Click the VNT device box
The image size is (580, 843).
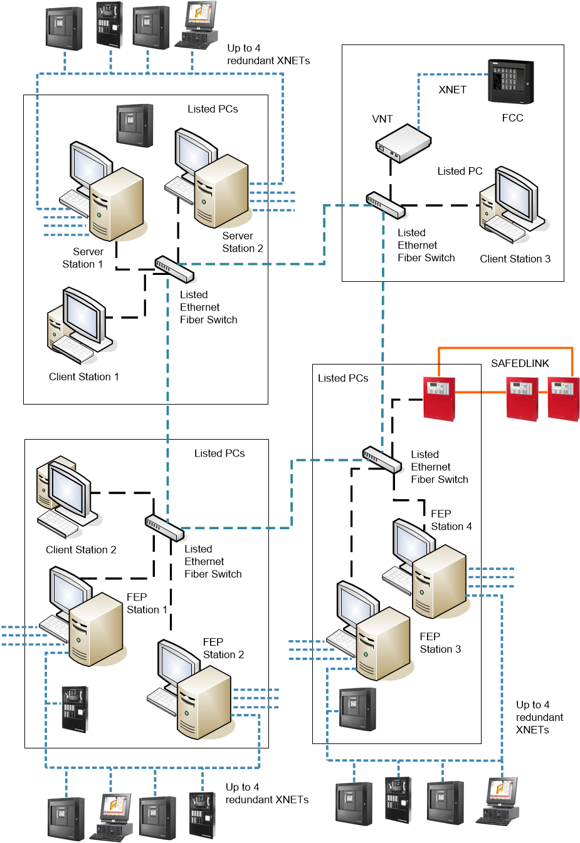403,143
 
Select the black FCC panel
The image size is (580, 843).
510,82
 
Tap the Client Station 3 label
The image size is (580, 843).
515,259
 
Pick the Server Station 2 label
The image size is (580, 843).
242,242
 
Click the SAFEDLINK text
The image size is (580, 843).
520,363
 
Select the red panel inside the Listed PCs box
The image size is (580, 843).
439,398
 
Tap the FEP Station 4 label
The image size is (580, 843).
450,520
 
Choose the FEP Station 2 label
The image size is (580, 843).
223,648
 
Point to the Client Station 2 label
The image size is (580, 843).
81,550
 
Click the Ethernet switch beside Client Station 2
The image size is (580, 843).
165,527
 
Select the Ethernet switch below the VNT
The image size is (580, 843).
386,205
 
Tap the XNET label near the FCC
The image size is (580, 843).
452,90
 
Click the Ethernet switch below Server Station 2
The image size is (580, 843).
174,269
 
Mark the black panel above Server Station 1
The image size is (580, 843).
135,125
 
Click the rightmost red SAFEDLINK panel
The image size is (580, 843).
563,398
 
